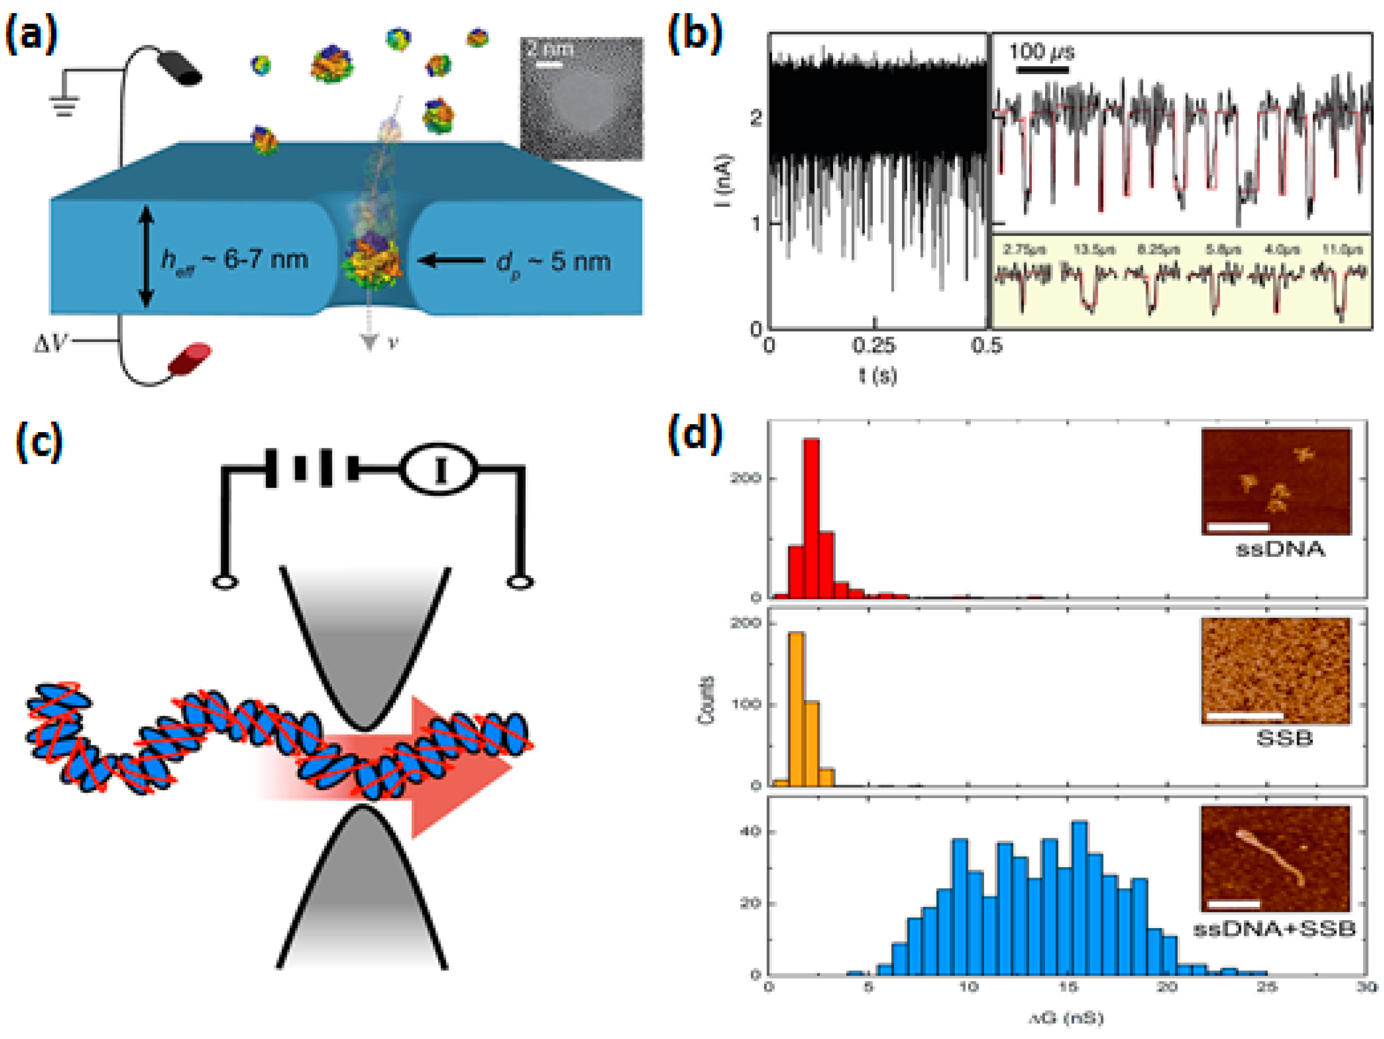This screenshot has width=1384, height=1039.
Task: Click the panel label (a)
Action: coord(30,34)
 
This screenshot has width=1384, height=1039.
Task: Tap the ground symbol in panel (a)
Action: coord(65,104)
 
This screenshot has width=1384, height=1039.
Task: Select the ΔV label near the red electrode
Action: coord(52,343)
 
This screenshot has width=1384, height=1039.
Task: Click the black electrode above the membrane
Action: coord(178,68)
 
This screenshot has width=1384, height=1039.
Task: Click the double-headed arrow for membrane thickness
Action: coord(146,257)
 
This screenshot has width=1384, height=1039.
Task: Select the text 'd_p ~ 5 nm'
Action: coord(553,261)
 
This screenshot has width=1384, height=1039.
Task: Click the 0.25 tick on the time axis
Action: coord(873,345)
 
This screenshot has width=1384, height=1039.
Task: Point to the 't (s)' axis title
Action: coord(877,375)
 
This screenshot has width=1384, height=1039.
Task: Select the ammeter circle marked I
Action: coord(438,470)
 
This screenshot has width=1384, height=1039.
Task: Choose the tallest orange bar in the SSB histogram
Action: coord(796,708)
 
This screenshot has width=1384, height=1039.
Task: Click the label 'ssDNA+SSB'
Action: coord(1274,928)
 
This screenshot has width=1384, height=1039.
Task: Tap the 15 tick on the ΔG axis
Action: coord(1067,987)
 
